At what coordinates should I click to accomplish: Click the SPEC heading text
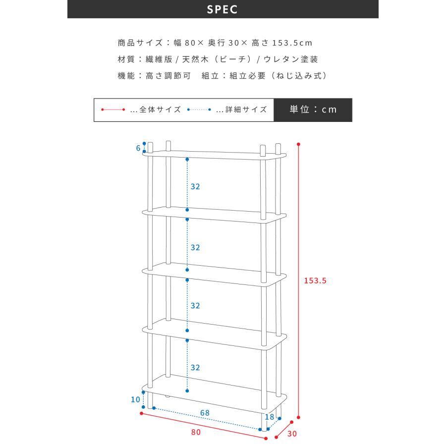[222, 9]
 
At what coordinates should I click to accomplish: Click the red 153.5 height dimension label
[315, 281]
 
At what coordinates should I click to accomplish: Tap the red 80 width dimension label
[196, 432]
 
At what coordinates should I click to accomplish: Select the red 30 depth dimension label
[292, 434]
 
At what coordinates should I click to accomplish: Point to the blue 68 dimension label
[205, 413]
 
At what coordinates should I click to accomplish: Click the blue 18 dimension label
[270, 417]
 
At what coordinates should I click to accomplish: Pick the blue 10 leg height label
[135, 399]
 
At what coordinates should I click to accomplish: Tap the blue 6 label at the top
[138, 148]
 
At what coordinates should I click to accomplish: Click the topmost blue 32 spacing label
[195, 187]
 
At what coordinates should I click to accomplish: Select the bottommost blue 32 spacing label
[195, 368]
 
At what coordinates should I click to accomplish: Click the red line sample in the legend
[113, 110]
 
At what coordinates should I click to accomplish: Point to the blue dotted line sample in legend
[199, 110]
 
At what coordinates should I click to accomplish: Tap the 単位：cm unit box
[313, 110]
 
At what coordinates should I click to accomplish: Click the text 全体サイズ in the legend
[160, 110]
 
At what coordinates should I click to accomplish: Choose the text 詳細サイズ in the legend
[246, 110]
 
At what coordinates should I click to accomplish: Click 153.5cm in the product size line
[292, 43]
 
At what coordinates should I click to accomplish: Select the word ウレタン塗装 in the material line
[291, 59]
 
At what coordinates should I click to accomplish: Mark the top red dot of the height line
[298, 144]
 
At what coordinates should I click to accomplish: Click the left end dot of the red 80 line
[141, 413]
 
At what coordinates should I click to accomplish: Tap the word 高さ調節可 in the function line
[168, 76]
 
